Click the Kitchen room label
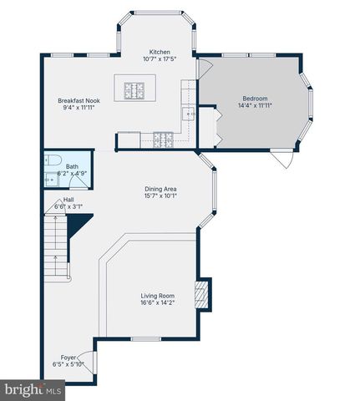(160, 52)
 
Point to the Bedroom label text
(255, 98)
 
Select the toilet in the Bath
(51, 161)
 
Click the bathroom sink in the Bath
(48, 179)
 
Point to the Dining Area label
(160, 190)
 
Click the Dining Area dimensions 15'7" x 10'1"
(160, 198)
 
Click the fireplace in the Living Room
(200, 294)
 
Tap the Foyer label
(68, 357)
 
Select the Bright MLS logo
(33, 390)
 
